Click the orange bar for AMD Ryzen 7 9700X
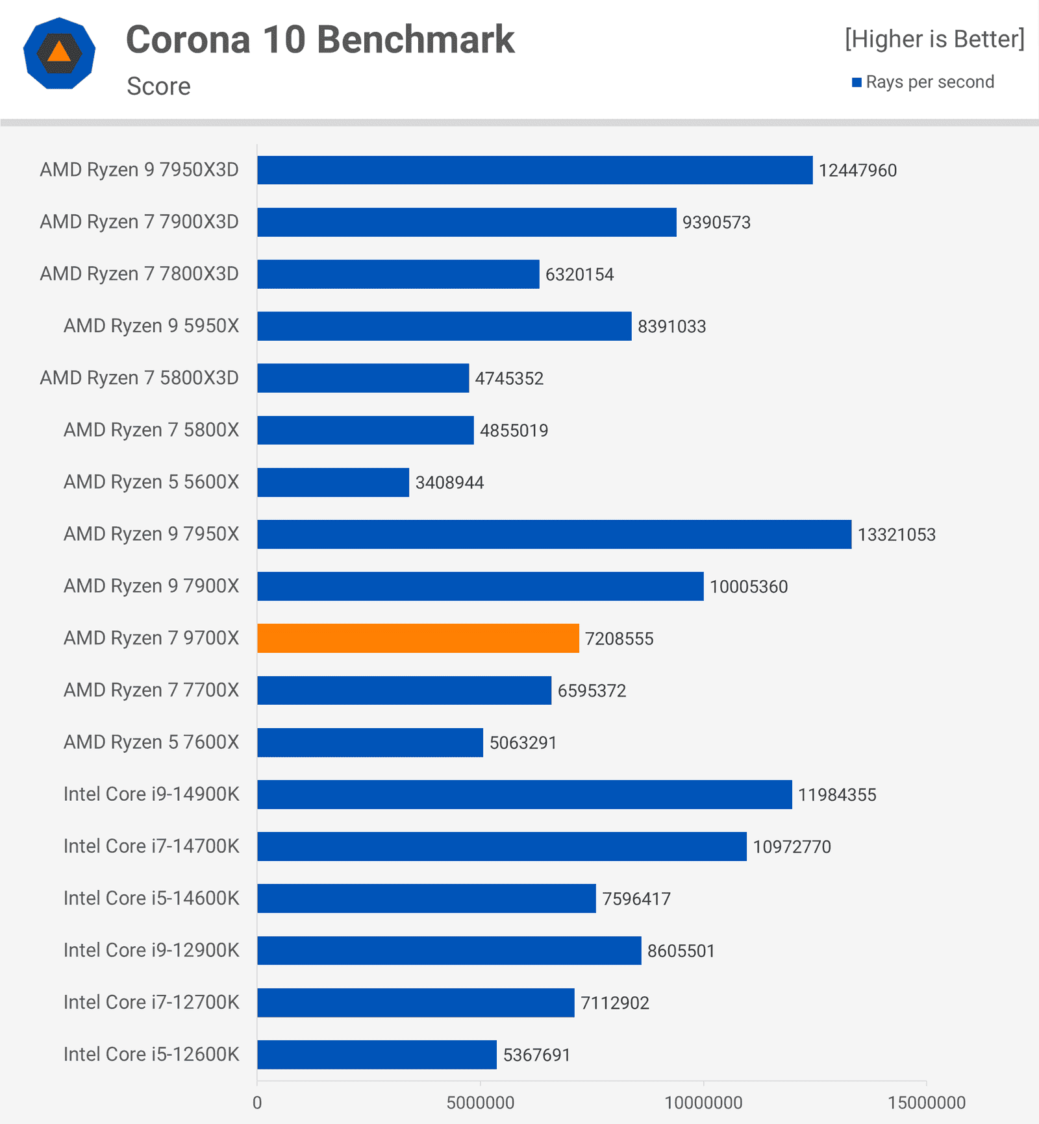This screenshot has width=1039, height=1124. click(418, 638)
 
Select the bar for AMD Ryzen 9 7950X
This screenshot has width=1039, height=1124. click(554, 534)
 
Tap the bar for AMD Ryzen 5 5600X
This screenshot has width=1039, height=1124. click(333, 482)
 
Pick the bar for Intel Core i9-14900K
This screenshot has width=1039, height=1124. click(524, 794)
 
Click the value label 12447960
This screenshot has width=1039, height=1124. click(857, 171)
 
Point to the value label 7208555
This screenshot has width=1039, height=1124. click(619, 639)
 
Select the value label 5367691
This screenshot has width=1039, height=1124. click(536, 1055)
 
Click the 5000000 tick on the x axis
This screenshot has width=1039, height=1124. click(480, 1103)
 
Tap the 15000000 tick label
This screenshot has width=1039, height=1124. click(926, 1103)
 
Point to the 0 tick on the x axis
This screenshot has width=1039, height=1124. click(257, 1103)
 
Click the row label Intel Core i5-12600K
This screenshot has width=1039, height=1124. click(151, 1054)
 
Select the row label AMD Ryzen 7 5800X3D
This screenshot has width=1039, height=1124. click(139, 378)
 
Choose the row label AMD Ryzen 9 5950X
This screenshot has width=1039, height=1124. click(151, 326)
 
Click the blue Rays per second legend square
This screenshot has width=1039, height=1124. click(857, 82)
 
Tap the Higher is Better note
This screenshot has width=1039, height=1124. click(934, 39)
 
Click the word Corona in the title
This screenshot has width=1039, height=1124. click(188, 40)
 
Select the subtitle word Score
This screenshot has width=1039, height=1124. click(158, 86)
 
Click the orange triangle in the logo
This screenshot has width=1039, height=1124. click(59, 53)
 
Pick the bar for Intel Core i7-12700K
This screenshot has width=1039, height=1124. click(416, 1002)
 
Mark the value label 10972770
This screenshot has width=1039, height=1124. click(792, 847)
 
